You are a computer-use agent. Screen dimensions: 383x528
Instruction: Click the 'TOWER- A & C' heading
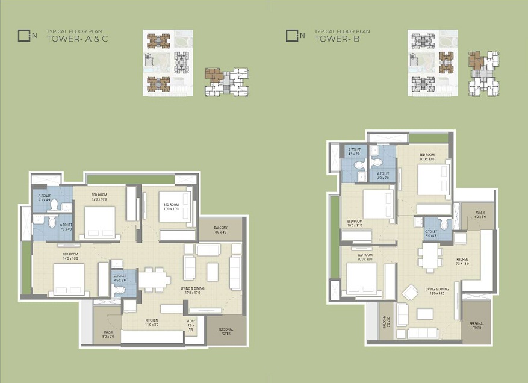[78, 40]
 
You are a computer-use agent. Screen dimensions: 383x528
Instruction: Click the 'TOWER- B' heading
[335, 40]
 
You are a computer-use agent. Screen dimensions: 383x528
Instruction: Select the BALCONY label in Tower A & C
[220, 229]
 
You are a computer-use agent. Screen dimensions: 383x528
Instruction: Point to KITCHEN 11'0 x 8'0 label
[152, 322]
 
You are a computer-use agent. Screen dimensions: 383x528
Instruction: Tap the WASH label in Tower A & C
[108, 334]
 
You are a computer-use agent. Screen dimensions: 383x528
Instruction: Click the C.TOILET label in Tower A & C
[119, 278]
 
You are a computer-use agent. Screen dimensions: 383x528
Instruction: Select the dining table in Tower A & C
[154, 280]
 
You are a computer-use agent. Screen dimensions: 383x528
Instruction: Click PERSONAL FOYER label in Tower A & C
[226, 331]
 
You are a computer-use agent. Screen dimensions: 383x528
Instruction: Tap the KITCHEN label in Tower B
[462, 262]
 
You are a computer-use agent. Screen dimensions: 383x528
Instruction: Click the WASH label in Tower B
[480, 214]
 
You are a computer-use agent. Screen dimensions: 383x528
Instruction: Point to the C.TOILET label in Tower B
[430, 234]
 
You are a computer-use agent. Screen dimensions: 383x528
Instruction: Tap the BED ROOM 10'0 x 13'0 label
[427, 157]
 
